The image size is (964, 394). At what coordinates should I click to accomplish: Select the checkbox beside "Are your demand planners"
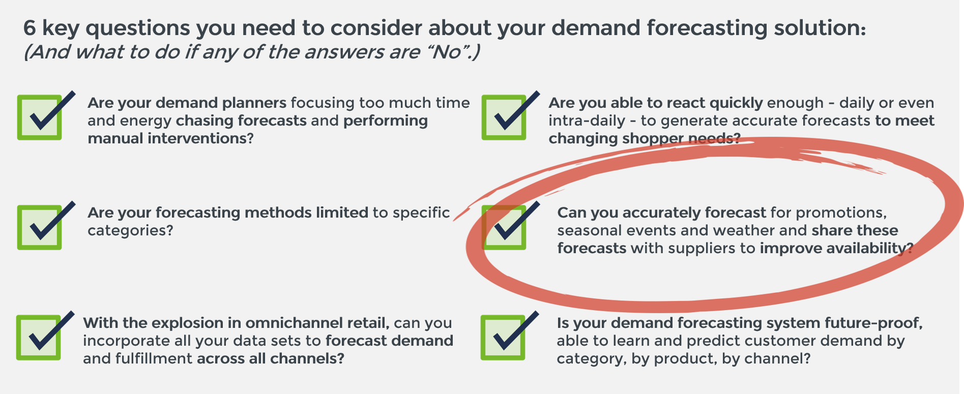coord(40,117)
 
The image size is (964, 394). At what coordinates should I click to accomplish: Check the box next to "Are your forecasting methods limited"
coord(40,227)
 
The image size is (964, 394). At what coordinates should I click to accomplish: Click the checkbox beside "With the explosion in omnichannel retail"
coord(39,338)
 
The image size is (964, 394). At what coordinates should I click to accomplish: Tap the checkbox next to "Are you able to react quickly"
coord(504,117)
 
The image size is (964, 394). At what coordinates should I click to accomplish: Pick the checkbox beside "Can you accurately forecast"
coord(504,227)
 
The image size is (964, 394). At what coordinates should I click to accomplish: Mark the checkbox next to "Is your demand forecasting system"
coord(503,338)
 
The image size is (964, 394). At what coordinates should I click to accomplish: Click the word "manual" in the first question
coord(115,138)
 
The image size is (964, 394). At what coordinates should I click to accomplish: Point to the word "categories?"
coord(130,231)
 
